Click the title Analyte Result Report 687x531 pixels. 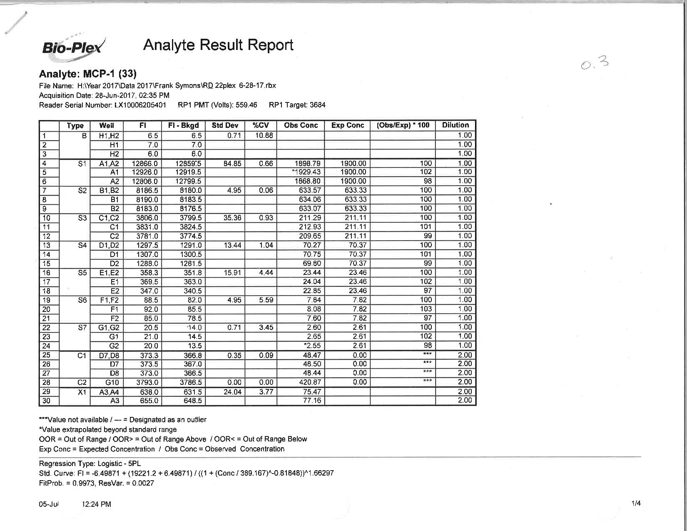218,45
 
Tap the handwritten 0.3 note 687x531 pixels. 595,64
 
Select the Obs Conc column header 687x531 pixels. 301,125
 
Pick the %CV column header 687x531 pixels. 261,125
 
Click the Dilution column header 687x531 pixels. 455,125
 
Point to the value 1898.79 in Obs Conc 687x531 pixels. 308,163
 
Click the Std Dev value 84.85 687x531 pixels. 232,164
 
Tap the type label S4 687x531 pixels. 82,245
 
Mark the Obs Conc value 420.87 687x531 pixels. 309,382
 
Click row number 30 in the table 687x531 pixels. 46,401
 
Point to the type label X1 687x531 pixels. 82,392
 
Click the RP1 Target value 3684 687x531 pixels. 317,105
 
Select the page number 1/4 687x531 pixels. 636,504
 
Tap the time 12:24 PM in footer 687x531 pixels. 97,504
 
